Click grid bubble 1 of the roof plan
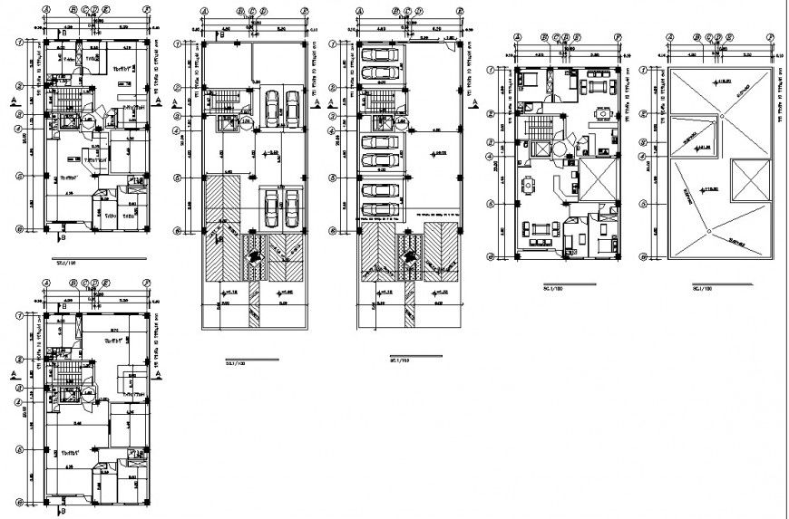pyautogui.click(x=642, y=69)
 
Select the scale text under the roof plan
pyautogui.click(x=699, y=289)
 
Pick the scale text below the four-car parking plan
pyautogui.click(x=236, y=361)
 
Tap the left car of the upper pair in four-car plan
pyautogui.click(x=271, y=107)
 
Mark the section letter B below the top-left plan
pyautogui.click(x=61, y=237)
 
